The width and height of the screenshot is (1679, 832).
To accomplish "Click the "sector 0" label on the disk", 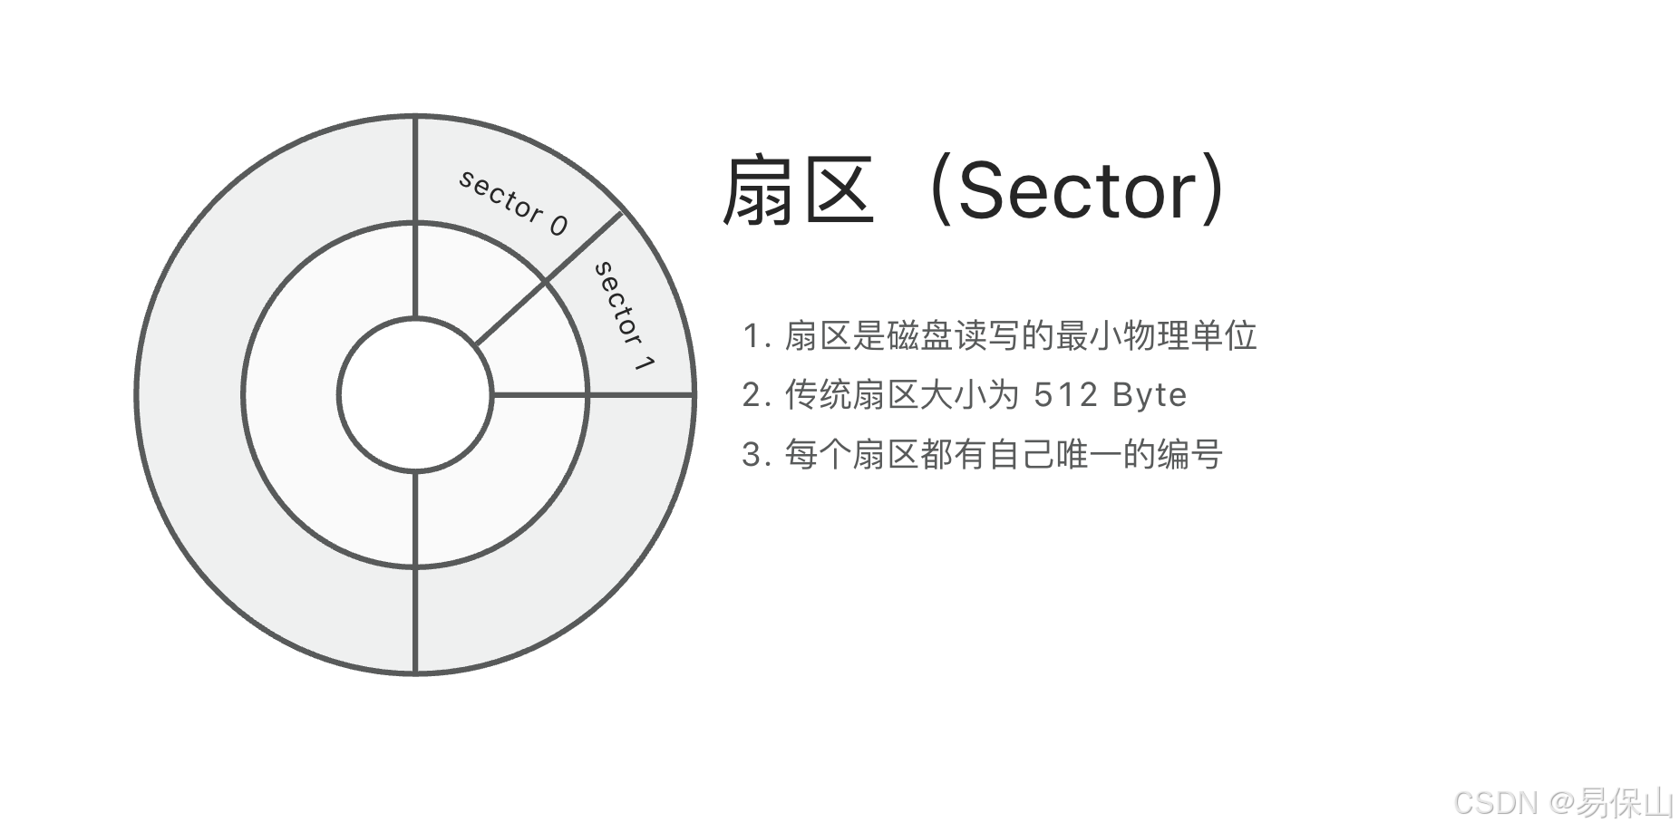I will [x=513, y=202].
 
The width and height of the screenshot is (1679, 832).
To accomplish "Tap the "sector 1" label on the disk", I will [x=624, y=315].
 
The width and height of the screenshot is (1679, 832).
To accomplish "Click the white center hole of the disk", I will [x=415, y=394].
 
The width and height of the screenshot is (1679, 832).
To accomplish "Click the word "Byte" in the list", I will [x=1150, y=395].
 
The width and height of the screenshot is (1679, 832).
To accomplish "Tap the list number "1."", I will [x=756, y=336].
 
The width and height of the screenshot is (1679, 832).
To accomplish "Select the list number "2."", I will [x=756, y=395].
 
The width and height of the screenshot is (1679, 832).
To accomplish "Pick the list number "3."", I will [x=756, y=454].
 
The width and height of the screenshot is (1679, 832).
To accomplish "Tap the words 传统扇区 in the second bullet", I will [x=851, y=395].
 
